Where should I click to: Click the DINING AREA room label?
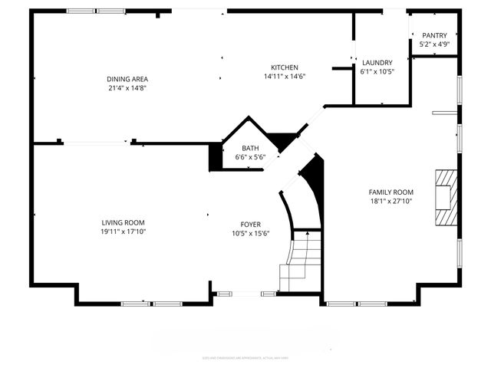[127, 79]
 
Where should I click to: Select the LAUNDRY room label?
[377, 63]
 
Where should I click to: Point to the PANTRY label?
[434, 35]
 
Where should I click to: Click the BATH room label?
[250, 148]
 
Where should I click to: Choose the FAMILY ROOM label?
[390, 192]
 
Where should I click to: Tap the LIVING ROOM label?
[123, 222]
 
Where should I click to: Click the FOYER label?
[251, 225]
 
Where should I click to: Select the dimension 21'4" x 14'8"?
[127, 88]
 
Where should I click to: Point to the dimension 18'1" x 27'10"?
[390, 202]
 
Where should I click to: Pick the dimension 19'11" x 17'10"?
[123, 232]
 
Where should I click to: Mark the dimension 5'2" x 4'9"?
[434, 44]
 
